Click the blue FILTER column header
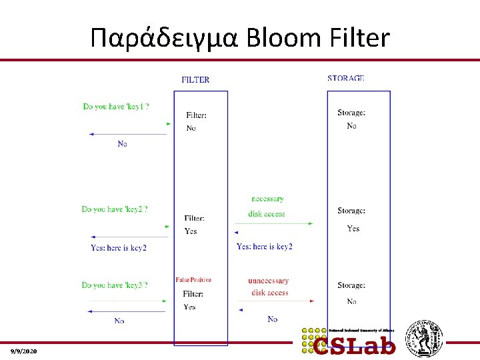(x=195, y=80)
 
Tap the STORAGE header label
(x=346, y=79)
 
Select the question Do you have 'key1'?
(x=116, y=107)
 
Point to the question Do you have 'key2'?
(x=115, y=209)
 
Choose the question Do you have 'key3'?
(x=115, y=285)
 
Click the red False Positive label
(x=193, y=280)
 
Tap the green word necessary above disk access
(x=267, y=199)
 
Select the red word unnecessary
(x=269, y=281)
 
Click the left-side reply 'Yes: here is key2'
(x=119, y=248)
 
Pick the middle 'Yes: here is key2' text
(x=265, y=247)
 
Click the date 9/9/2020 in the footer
(x=24, y=351)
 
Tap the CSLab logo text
(x=355, y=345)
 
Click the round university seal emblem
(x=425, y=338)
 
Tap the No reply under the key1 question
(x=122, y=144)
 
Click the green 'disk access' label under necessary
(x=267, y=214)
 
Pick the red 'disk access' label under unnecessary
(x=270, y=293)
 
